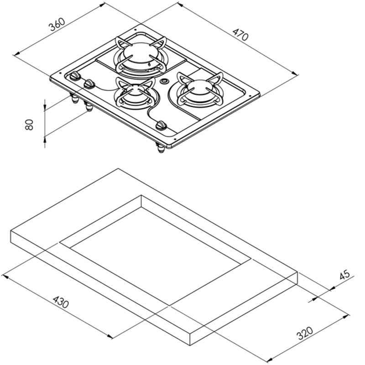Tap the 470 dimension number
tap(240, 35)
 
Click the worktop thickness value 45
tap(344, 275)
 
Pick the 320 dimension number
tap(304, 334)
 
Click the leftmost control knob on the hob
tap(74, 76)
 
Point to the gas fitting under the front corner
tap(160, 147)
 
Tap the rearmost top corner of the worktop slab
tap(119, 168)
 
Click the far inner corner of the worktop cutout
tap(141, 196)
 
